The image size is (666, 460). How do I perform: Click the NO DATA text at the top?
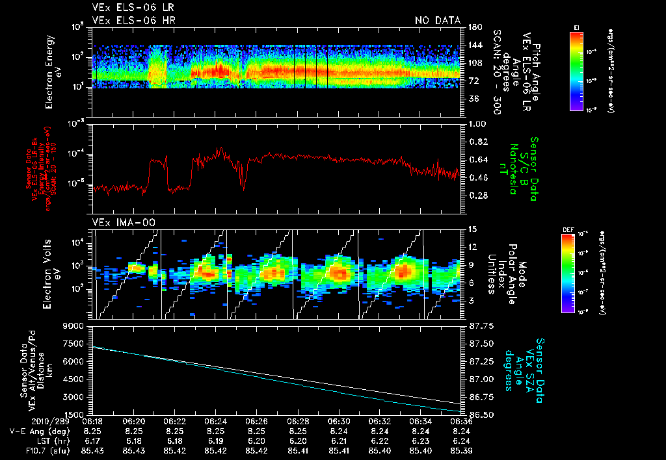pyautogui.click(x=438, y=21)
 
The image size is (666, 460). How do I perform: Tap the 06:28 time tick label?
pyautogui.click(x=298, y=422)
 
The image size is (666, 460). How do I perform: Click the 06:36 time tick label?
pyautogui.click(x=461, y=422)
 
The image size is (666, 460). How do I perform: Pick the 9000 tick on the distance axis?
pyautogui.click(x=75, y=326)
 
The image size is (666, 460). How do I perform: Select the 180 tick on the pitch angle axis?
pyautogui.click(x=474, y=27)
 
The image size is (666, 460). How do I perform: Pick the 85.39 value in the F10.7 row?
pyautogui.click(x=461, y=450)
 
